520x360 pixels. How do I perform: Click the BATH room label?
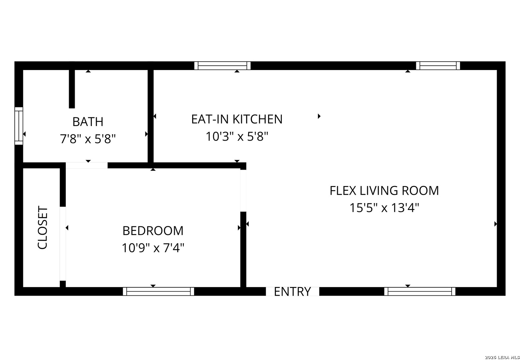click(88, 122)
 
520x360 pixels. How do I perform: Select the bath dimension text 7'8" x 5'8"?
click(88, 139)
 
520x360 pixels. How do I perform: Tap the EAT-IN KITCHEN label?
click(237, 119)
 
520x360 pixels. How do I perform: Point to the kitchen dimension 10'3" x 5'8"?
click(237, 136)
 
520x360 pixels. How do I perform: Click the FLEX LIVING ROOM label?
click(384, 191)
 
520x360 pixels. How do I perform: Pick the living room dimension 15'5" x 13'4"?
click(384, 208)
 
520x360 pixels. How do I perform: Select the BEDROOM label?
click(153, 231)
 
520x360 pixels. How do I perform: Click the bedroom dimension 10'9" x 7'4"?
click(153, 248)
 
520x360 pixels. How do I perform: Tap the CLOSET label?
click(42, 228)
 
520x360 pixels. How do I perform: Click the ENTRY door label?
click(293, 292)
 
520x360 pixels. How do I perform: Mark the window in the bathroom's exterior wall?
click(19, 126)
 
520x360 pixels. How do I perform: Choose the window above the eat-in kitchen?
click(222, 66)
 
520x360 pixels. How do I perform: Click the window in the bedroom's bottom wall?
click(158, 291)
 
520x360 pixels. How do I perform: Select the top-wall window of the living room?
click(438, 66)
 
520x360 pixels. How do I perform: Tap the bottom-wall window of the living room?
click(420, 291)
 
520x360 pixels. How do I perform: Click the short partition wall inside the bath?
click(72, 89)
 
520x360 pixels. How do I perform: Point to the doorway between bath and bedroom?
click(87, 165)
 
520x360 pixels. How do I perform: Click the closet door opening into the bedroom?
click(63, 244)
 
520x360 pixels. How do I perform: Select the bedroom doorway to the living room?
click(243, 191)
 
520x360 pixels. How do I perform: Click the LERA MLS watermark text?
click(502, 357)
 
